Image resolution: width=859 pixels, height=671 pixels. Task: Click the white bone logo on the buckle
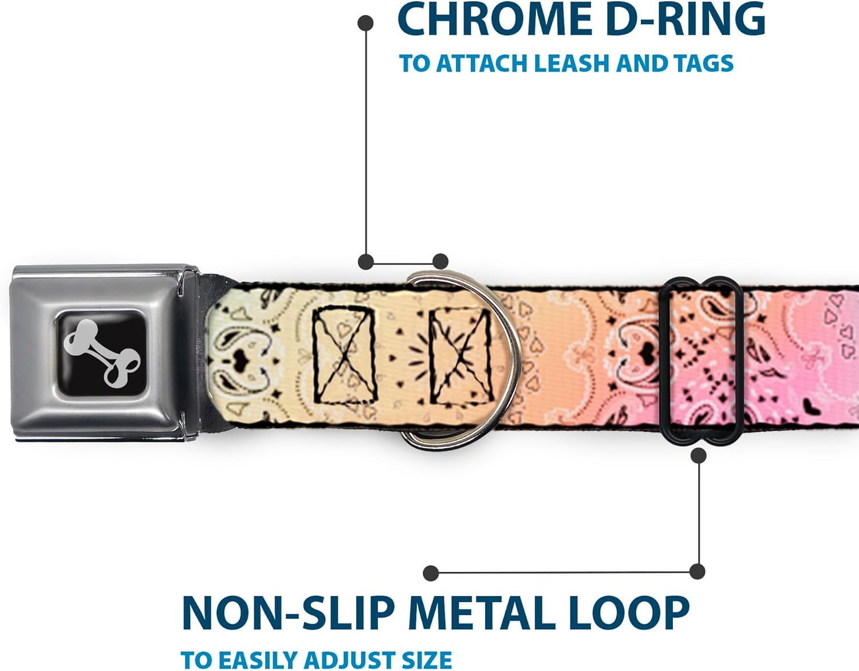(101, 353)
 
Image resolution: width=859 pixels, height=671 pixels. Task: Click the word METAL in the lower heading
(481, 614)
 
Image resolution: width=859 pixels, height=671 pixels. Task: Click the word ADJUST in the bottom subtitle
(345, 660)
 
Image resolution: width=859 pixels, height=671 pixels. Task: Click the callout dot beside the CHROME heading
(365, 23)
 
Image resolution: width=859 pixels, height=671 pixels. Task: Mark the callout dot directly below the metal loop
(698, 456)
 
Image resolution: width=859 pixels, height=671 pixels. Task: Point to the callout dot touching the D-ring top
(440, 262)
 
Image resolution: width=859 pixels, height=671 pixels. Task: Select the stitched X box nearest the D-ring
(462, 355)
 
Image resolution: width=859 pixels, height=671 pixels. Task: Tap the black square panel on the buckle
(100, 353)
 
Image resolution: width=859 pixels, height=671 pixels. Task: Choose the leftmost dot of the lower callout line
(431, 572)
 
